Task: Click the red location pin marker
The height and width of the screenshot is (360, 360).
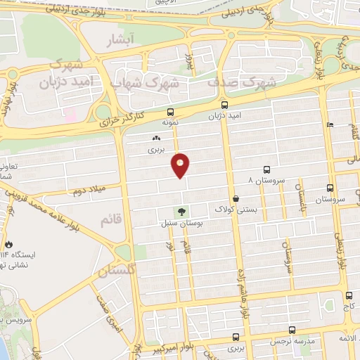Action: [181, 165]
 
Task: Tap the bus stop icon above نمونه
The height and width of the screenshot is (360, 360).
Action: [170, 112]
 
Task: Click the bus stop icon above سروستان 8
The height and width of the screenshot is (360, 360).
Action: [266, 169]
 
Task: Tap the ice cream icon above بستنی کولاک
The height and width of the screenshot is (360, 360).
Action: [236, 199]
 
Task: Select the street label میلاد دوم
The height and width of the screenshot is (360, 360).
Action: [89, 191]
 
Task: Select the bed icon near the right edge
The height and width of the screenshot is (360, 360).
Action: [330, 125]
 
